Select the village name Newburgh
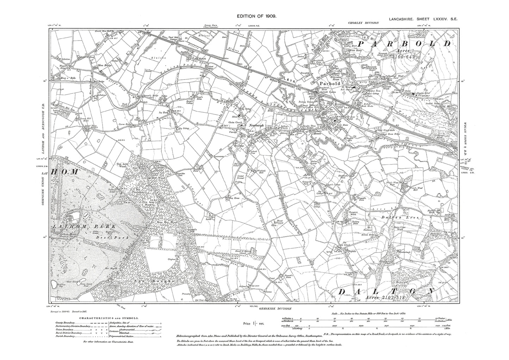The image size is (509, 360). tap(256, 125)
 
